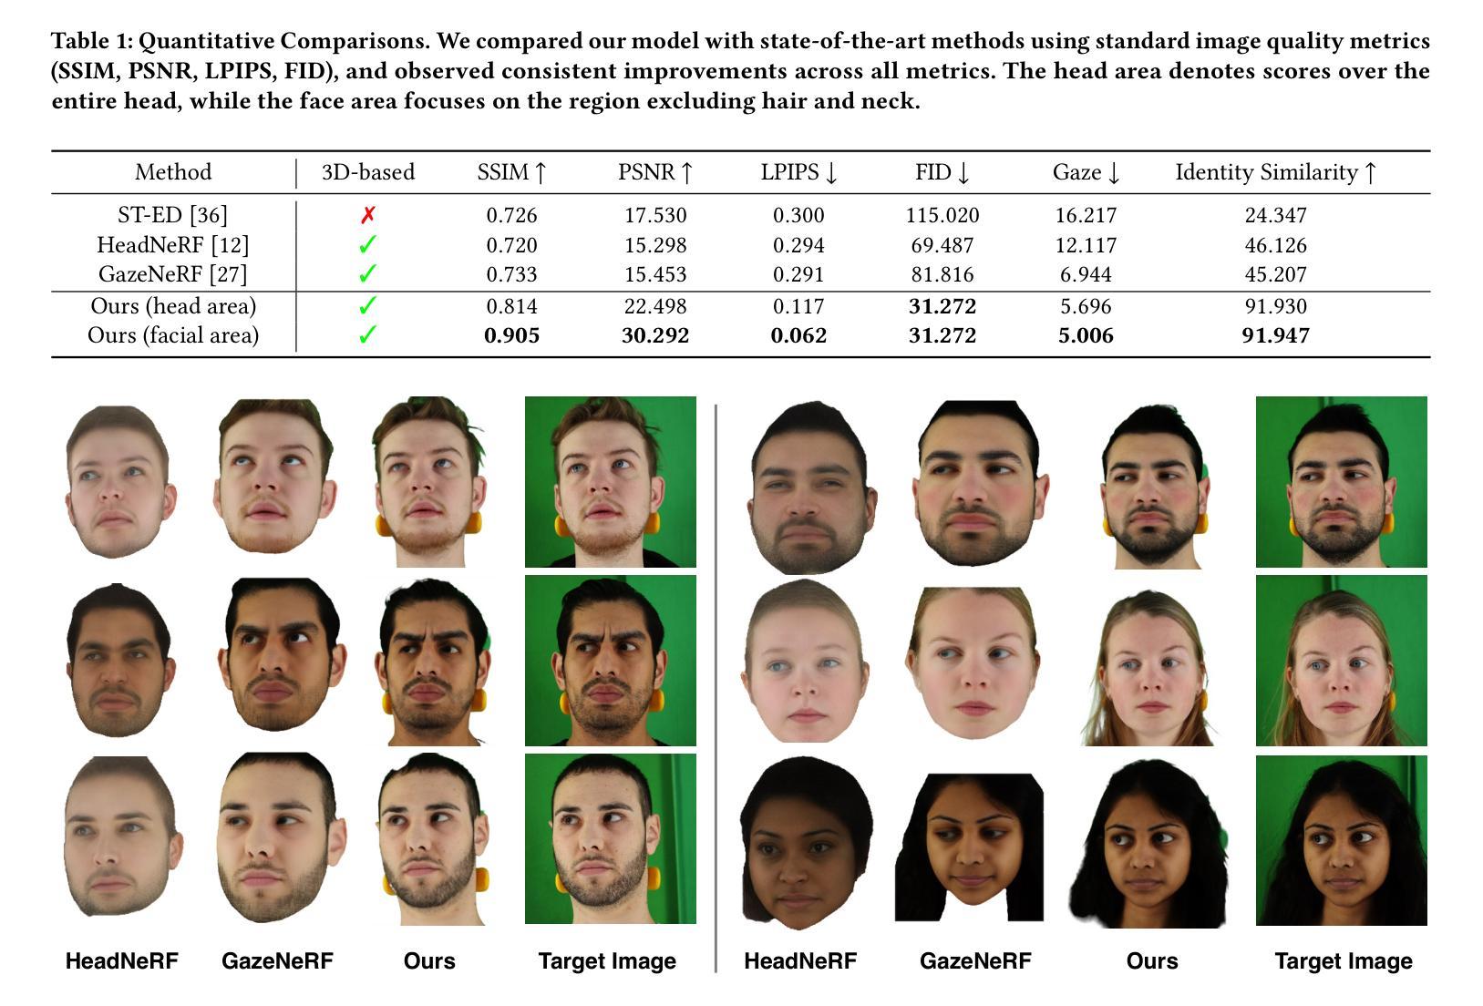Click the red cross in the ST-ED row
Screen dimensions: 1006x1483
tap(367, 216)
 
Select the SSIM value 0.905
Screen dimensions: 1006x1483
tap(511, 335)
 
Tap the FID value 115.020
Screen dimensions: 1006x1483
tap(942, 216)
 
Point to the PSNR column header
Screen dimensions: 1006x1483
tap(654, 172)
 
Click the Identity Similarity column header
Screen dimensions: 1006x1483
tap(1275, 172)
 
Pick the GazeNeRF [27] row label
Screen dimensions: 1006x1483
tap(172, 274)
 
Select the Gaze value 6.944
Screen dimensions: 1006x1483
tap(1085, 274)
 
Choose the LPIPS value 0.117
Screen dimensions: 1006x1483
tap(798, 306)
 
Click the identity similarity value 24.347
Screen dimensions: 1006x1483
tap(1275, 216)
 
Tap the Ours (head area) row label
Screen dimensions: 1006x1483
tap(172, 306)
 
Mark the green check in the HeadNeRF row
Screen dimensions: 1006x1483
tap(367, 245)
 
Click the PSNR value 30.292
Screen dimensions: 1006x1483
tap(654, 335)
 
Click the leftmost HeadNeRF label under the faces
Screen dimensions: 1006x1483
tap(121, 960)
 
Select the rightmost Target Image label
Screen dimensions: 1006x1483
tap(1343, 960)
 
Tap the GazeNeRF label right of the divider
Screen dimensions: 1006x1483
tap(974, 960)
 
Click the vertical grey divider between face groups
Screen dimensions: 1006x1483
tap(716, 683)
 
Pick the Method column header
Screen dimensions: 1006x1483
tap(172, 172)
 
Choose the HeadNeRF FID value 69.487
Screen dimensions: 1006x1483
tap(942, 245)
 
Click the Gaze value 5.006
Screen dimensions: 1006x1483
tap(1085, 335)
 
